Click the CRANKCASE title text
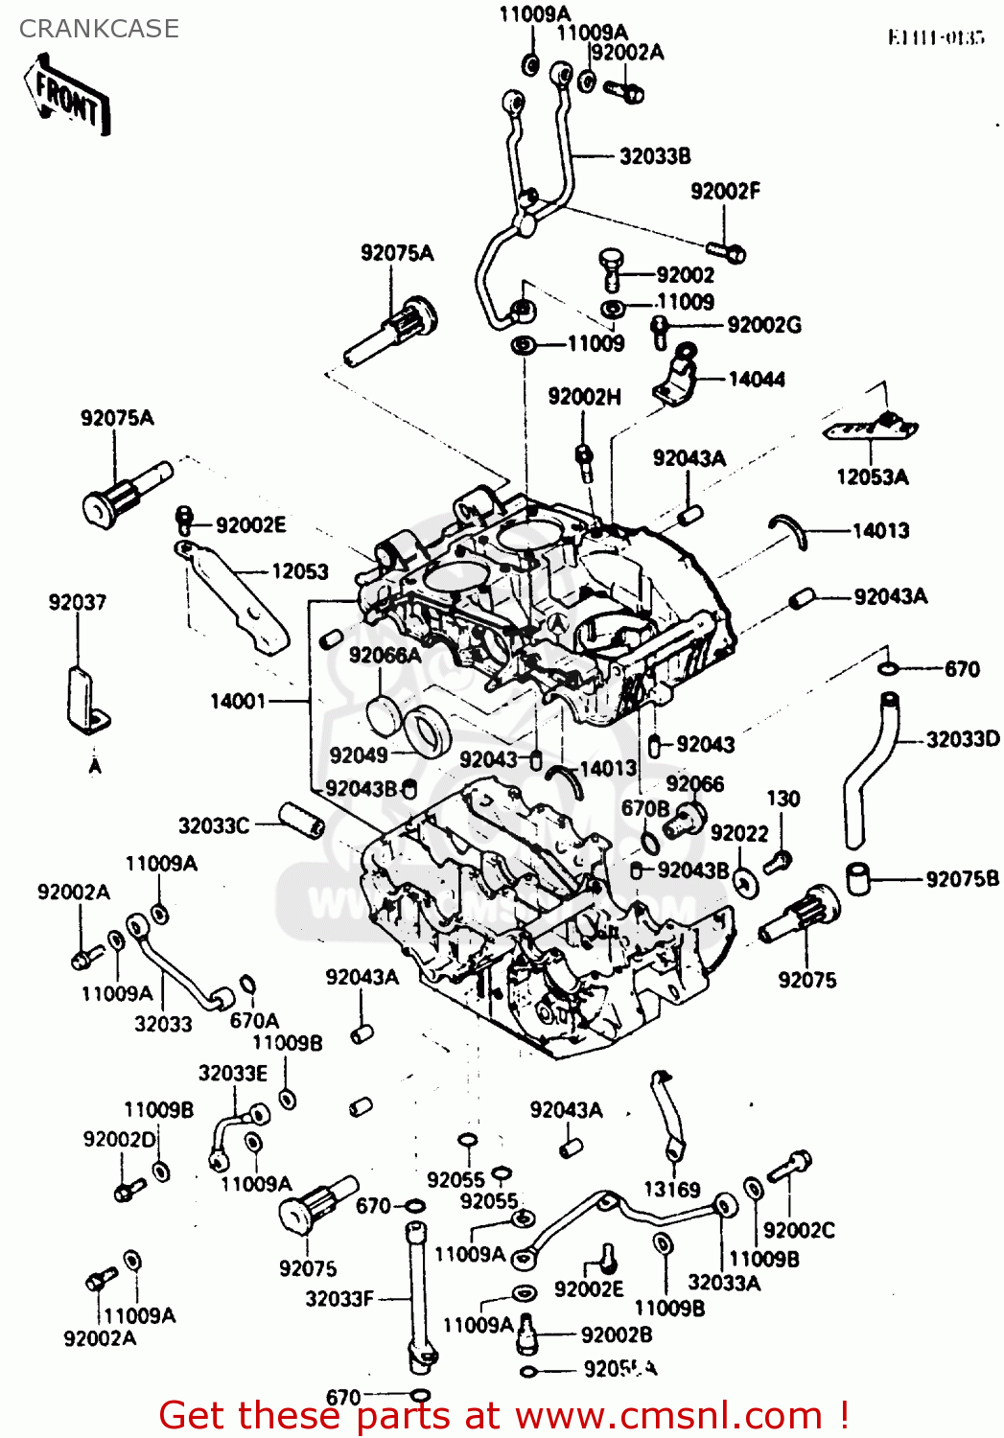(99, 29)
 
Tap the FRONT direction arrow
(67, 97)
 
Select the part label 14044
(756, 380)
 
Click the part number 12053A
(872, 477)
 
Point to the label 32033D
(962, 739)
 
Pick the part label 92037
(78, 602)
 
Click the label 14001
(238, 702)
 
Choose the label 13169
(671, 1190)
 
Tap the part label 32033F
(339, 1299)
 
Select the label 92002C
(798, 1230)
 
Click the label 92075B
(962, 879)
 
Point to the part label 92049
(358, 755)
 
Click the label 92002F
(725, 192)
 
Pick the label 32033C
(213, 825)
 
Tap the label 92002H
(584, 397)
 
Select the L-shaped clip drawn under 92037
(86, 700)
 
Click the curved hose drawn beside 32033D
(869, 767)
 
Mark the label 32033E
(233, 1074)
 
